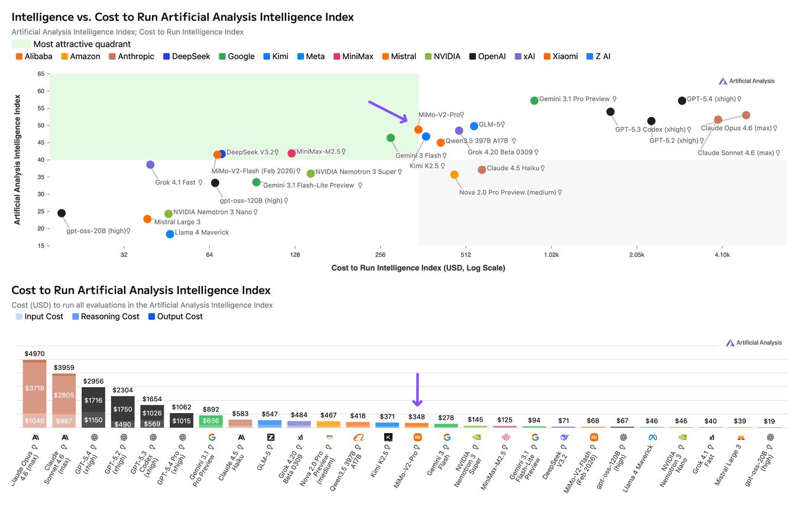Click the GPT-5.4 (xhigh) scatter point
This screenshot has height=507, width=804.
[682, 100]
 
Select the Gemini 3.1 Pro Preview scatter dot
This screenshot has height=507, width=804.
[534, 100]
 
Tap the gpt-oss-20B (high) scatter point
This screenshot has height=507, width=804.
[61, 213]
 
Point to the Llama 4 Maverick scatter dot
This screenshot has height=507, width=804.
[170, 234]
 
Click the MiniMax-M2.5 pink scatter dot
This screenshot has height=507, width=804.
[291, 153]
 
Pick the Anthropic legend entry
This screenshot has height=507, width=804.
[131, 57]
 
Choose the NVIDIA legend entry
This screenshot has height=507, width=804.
[442, 57]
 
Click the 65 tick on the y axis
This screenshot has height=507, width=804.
[40, 74]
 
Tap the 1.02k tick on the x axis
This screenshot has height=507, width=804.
[551, 255]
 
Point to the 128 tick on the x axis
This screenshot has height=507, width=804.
[294, 255]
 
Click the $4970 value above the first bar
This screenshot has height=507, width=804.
[34, 353]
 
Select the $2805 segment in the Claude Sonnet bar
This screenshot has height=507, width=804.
[64, 395]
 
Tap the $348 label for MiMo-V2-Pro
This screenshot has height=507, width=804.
[417, 418]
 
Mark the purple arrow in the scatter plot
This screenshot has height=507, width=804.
[388, 112]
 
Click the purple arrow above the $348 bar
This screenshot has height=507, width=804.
[417, 389]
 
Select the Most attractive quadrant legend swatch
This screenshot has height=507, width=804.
[21, 44]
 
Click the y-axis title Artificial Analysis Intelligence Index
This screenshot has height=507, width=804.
[17, 160]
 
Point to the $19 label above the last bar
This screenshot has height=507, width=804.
[770, 421]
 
